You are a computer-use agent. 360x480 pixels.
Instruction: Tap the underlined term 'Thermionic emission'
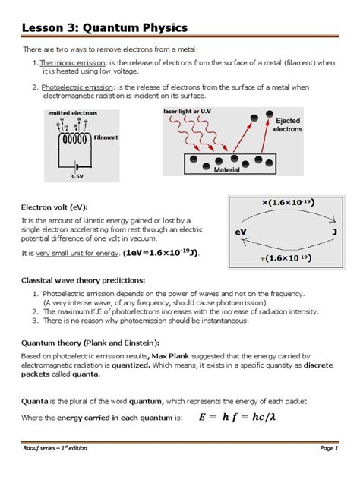[71, 62]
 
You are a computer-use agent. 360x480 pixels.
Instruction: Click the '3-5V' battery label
[75, 176]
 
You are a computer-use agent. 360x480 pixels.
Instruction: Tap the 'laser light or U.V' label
[189, 112]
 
